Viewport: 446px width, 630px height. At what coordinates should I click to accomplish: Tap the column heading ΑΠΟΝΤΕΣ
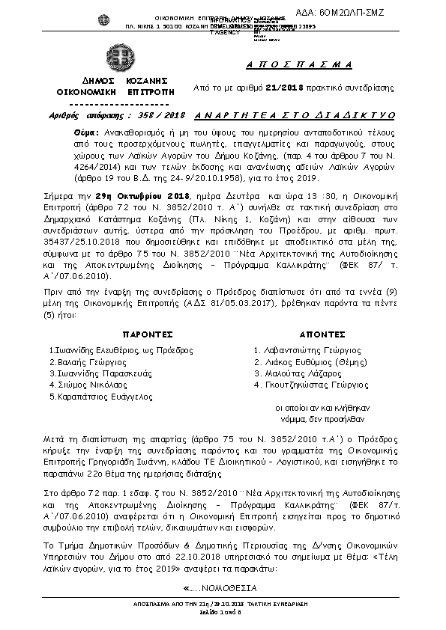point(322,334)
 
